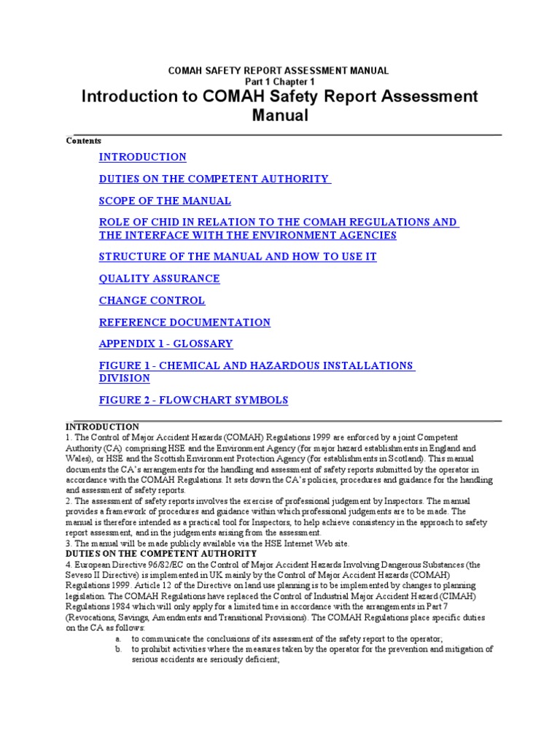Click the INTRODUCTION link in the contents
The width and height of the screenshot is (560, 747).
[x=142, y=157]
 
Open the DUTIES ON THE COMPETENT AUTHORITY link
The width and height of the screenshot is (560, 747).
[x=214, y=179]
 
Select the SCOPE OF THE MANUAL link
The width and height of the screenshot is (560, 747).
[x=165, y=201]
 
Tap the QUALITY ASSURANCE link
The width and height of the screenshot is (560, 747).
[x=159, y=279]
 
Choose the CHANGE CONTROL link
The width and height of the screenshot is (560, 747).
[x=152, y=301]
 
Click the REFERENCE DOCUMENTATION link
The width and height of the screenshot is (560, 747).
[x=184, y=322]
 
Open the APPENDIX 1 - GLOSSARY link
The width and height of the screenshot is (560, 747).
[x=166, y=344]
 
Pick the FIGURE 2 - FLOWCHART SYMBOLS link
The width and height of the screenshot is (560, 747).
[x=193, y=400]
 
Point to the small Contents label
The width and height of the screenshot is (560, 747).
[x=84, y=141]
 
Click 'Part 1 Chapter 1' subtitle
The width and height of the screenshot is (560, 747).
[x=279, y=82]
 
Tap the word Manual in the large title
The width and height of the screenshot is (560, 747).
[x=280, y=115]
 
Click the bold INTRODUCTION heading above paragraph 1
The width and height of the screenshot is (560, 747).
[x=102, y=427]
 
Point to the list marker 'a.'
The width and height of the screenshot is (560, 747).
[x=118, y=638]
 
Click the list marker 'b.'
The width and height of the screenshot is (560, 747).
[x=118, y=649]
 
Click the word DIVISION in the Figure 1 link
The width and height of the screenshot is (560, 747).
[x=125, y=378]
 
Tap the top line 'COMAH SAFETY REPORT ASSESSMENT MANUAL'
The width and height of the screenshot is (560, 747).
[x=279, y=71]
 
